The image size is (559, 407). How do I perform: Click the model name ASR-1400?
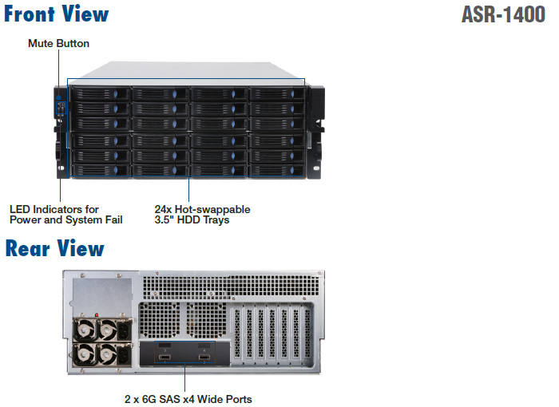503,15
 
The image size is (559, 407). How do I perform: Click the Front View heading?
57,14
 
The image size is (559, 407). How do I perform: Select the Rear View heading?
54,248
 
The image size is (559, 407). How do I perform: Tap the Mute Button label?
58,43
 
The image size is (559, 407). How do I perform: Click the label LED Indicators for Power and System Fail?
66,215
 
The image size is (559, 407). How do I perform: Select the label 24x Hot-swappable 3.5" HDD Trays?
202,215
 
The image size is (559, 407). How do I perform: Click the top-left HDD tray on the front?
100,93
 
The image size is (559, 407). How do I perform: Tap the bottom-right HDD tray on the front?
276,170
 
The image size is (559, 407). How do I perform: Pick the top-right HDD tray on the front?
276,93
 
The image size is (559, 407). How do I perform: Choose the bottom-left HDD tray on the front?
100,170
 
